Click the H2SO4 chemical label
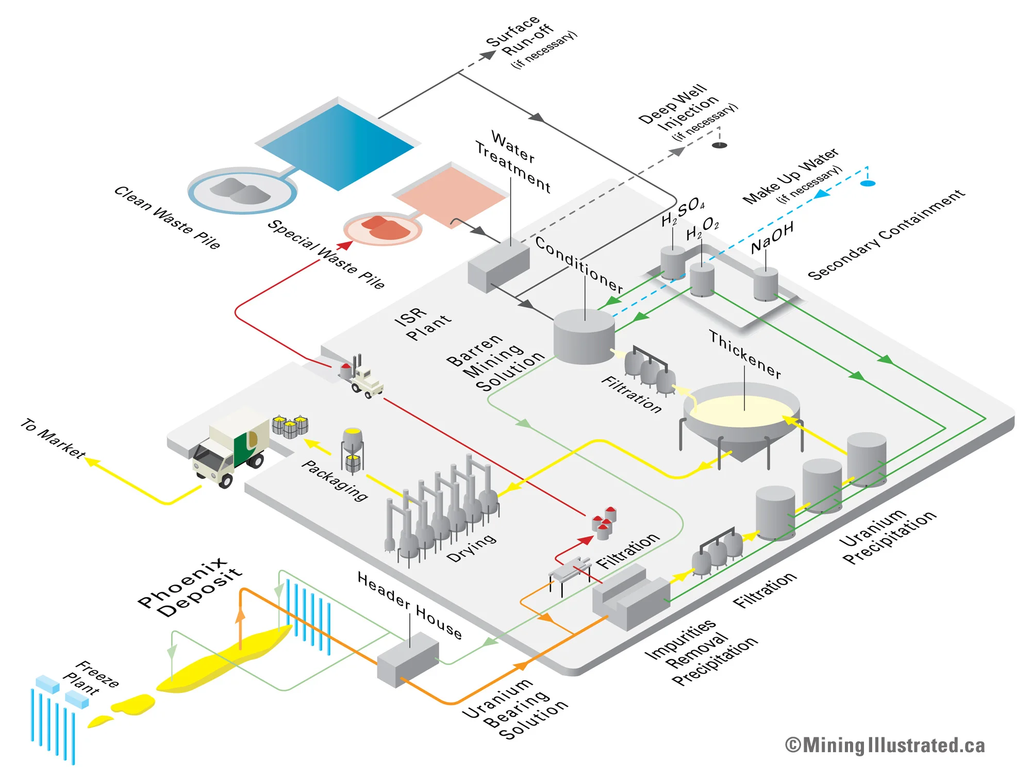683,212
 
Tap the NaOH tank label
772,238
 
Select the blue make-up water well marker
868,184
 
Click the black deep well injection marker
719,145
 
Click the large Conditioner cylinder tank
584,336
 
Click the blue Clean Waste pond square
338,147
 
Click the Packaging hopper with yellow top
353,449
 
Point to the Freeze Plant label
91,677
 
